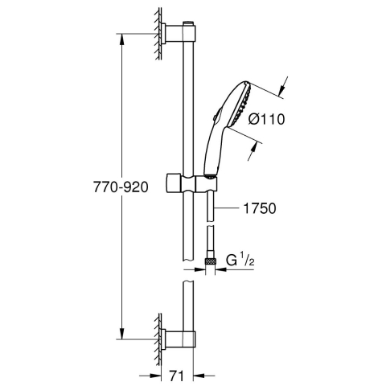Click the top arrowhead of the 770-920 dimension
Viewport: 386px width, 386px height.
[122, 38]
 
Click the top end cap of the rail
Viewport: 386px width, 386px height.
[189, 23]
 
